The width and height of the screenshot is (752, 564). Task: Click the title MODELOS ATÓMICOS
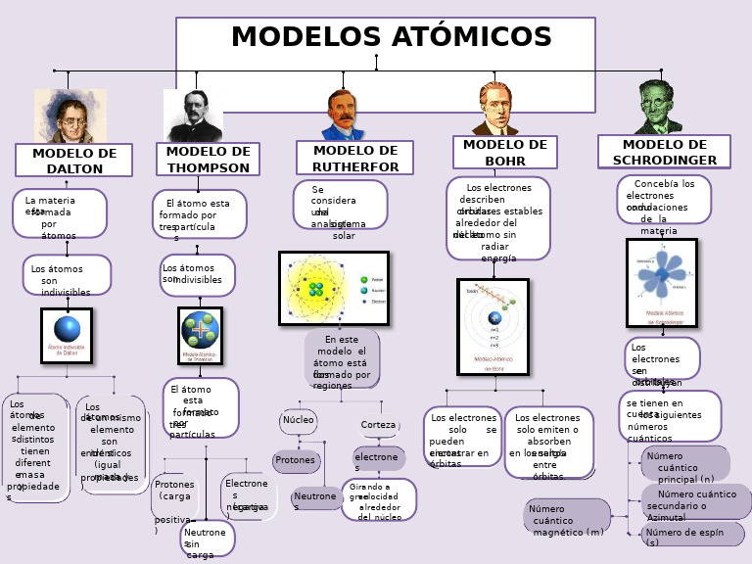[391, 38]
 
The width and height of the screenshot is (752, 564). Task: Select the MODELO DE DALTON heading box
[73, 161]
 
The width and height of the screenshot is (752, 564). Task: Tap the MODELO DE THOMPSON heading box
[208, 159]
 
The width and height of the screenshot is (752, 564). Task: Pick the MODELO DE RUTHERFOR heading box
[354, 158]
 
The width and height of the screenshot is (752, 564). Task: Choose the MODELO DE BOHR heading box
[504, 152]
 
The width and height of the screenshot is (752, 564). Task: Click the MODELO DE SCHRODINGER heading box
[664, 152]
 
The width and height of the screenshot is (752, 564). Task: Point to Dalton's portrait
[70, 116]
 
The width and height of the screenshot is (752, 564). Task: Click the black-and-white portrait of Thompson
[192, 116]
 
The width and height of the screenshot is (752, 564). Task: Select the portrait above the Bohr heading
[495, 109]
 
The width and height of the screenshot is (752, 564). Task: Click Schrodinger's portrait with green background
[657, 108]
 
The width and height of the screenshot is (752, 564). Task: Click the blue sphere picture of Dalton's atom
[67, 336]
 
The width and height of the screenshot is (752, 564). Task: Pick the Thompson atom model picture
[200, 336]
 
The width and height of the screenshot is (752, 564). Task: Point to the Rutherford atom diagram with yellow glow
[334, 288]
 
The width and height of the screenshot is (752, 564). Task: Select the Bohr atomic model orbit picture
[493, 326]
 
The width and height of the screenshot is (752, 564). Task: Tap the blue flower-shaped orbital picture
[662, 282]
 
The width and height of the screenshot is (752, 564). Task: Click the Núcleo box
[298, 421]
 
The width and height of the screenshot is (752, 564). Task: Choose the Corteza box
[378, 425]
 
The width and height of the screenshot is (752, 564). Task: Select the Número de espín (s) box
[692, 536]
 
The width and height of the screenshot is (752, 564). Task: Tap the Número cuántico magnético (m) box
[567, 517]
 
